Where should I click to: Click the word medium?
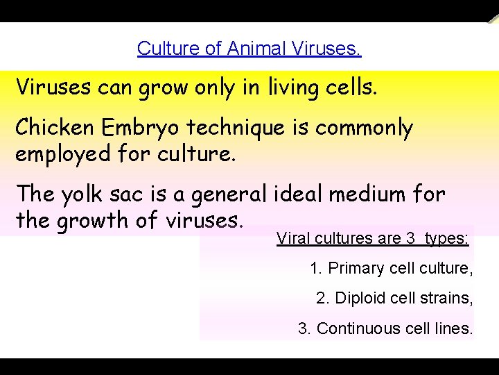click(369, 194)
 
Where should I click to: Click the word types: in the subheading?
click(446, 239)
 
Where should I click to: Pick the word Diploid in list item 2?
click(359, 299)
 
